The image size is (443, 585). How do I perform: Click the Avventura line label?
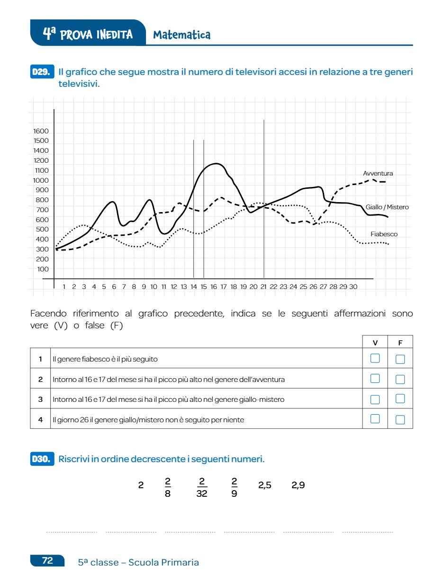pos(378,174)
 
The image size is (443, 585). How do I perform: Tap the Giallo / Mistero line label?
pos(387,207)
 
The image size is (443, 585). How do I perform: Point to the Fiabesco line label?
pos(384,234)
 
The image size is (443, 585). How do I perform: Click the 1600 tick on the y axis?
pos(41,131)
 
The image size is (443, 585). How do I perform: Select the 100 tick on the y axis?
pos(43,269)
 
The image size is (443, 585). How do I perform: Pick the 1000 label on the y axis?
pos(41,180)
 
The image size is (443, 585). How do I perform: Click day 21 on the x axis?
pos(263,287)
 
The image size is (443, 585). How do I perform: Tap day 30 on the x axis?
pos(353,287)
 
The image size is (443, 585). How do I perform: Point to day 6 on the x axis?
pos(114,287)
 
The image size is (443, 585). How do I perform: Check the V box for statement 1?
pos(375,358)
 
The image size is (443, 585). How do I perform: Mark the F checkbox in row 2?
pos(400,379)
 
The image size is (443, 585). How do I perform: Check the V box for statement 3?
pos(375,399)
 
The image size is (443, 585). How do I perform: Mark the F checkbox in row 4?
pos(400,419)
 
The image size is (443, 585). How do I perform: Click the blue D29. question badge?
pos(42,72)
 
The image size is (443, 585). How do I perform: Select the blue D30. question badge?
pos(42,459)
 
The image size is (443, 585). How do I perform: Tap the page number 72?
pos(47,560)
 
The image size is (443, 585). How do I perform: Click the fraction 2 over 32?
pos(202,487)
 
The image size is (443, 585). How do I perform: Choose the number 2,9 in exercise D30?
pos(298,485)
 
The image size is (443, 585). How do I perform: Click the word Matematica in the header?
pos(182,35)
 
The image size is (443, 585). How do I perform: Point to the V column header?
pos(375,342)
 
